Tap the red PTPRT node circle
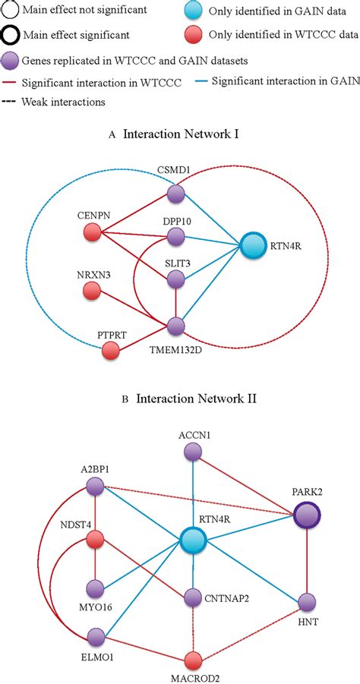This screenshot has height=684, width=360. click(111, 351)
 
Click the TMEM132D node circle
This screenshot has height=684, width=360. click(176, 326)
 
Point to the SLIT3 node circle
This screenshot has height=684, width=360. click(176, 280)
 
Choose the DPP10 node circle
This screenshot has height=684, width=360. click(176, 238)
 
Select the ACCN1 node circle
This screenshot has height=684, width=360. click(193, 452)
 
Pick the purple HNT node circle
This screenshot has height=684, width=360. click(306, 603)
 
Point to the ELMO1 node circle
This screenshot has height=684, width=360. click(94, 636)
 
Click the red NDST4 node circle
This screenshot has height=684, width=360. click(94, 540)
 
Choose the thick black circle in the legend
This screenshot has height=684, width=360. click(11, 36)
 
